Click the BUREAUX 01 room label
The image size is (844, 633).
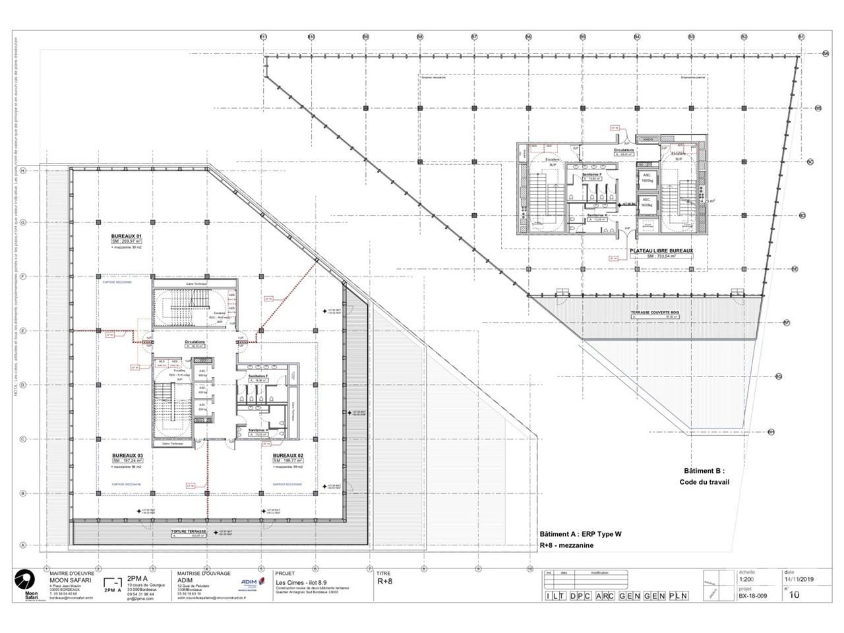click(127, 235)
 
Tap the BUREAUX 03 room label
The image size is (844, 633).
click(127, 455)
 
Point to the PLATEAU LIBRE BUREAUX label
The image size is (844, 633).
click(661, 251)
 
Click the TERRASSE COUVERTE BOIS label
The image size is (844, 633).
click(655, 312)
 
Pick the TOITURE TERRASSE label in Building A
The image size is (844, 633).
click(189, 531)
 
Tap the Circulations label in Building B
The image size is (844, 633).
click(623, 150)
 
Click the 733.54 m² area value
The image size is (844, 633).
click(663, 256)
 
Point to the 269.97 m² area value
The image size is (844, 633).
click(127, 241)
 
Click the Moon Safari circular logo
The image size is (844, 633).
click(24, 580)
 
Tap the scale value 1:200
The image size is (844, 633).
click(747, 580)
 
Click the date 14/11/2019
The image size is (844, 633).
click(799, 580)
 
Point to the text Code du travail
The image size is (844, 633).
click(704, 482)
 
